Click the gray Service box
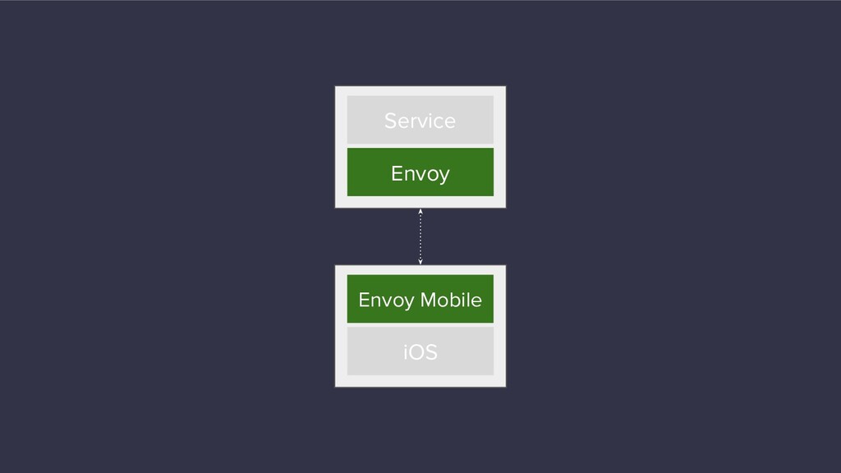point(420,120)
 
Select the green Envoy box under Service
point(420,172)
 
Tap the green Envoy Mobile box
point(420,299)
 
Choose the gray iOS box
point(420,351)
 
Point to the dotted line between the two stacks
point(420,236)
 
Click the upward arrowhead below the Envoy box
point(420,211)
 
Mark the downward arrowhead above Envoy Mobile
point(420,262)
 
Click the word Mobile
point(451,300)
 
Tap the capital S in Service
point(390,121)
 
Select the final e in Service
point(450,122)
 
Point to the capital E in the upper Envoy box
point(397,173)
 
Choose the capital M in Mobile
point(429,300)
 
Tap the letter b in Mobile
point(457,300)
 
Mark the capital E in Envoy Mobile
point(364,300)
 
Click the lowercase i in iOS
point(406,351)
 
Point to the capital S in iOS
point(432,352)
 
